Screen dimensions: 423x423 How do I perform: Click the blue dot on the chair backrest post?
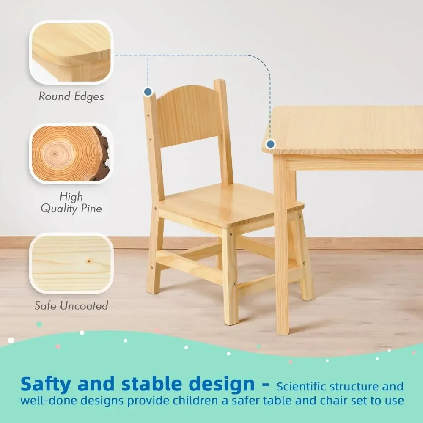click(148, 91)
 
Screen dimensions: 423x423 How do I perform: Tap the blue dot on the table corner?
click(271, 145)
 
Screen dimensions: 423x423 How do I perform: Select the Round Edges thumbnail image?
click(71, 52)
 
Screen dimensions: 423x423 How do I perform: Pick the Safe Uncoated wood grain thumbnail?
click(71, 263)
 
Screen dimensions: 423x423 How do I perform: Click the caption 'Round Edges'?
click(71, 96)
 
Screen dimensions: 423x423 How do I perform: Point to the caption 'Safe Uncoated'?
click(71, 305)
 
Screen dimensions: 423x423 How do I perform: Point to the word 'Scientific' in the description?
click(302, 387)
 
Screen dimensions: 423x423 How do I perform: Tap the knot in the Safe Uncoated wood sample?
click(89, 261)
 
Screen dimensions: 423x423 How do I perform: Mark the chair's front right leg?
click(231, 279)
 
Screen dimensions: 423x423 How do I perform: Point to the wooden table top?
click(347, 129)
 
